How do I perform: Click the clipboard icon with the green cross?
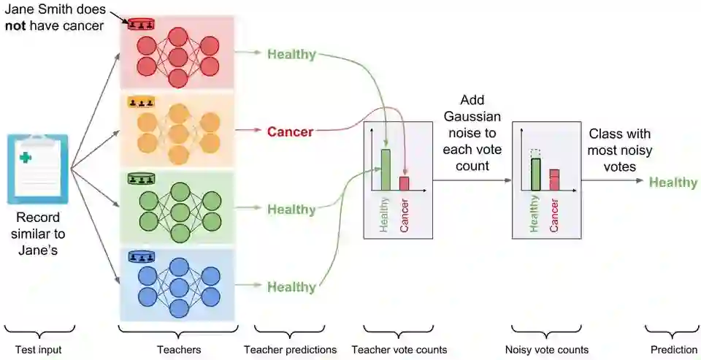[37, 169]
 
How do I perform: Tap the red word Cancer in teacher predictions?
[290, 132]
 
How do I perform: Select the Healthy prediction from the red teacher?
[291, 54]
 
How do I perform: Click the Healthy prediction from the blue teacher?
[291, 287]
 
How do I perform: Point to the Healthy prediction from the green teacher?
[291, 210]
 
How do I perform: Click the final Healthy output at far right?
[673, 182]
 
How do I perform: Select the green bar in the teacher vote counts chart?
[385, 170]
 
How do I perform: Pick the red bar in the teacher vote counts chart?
[404, 183]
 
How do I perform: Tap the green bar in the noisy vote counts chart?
[535, 174]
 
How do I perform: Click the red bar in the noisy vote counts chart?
[554, 180]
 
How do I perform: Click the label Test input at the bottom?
[39, 350]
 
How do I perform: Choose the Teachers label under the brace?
[179, 350]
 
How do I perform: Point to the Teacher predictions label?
[291, 350]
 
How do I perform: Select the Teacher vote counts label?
[399, 350]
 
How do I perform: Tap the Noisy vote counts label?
[547, 350]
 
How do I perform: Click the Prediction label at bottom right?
[673, 350]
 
